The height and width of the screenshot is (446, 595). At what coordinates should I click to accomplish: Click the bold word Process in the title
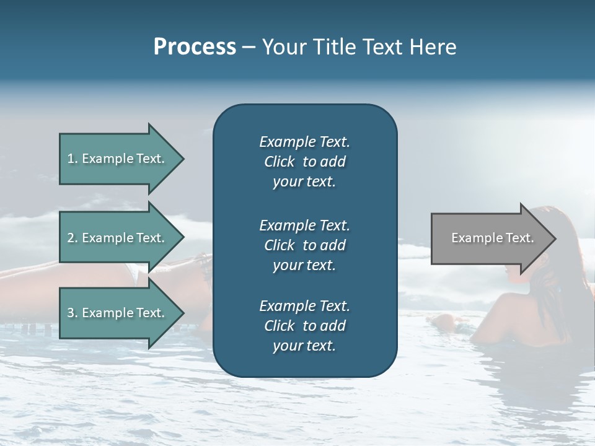pos(195,47)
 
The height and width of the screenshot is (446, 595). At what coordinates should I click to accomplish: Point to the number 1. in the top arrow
pos(73,159)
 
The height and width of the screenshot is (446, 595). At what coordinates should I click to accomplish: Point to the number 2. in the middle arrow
pos(73,238)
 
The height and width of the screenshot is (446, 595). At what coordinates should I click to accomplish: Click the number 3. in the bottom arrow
pos(73,313)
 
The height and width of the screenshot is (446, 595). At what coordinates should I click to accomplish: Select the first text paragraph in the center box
pos(304,162)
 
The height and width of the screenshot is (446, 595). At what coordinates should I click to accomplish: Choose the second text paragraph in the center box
pos(304,245)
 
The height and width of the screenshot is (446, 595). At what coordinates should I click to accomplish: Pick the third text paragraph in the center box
pos(304,326)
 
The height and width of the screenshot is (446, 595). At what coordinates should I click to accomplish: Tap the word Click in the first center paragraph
pos(279,162)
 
